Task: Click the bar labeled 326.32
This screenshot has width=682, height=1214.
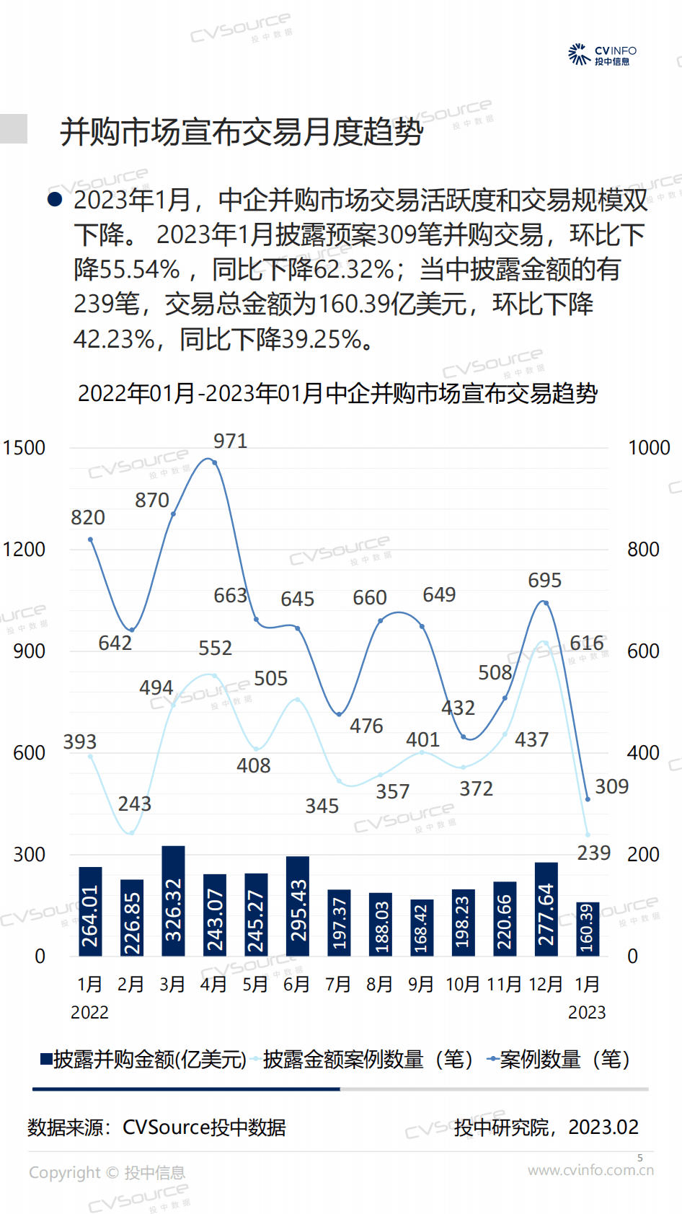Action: pyautogui.click(x=173, y=901)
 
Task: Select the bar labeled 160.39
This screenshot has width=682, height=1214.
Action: pyautogui.click(x=588, y=929)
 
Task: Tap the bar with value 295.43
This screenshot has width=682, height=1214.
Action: pyautogui.click(x=298, y=906)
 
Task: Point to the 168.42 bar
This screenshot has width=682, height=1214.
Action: pyautogui.click(x=422, y=928)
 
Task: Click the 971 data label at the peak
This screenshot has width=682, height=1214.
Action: pyautogui.click(x=231, y=441)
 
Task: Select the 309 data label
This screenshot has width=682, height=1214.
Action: pyautogui.click(x=611, y=786)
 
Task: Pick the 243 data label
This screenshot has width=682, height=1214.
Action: pyautogui.click(x=135, y=804)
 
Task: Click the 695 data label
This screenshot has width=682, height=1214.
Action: pyautogui.click(x=545, y=580)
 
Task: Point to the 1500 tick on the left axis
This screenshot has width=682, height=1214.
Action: pyautogui.click(x=24, y=448)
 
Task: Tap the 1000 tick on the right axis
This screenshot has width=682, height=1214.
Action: pyautogui.click(x=649, y=448)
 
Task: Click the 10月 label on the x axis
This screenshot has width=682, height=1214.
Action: pyautogui.click(x=463, y=984)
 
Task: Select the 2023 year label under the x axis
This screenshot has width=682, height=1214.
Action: pyautogui.click(x=587, y=1012)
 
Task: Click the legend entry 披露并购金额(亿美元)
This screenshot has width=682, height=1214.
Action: pyautogui.click(x=143, y=1060)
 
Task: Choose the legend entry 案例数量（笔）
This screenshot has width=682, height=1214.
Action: pyautogui.click(x=559, y=1060)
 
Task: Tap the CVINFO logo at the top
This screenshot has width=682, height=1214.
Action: pyautogui.click(x=603, y=55)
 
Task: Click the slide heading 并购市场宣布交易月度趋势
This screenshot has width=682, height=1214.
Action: pyautogui.click(x=242, y=132)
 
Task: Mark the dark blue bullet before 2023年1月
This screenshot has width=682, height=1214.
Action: pyautogui.click(x=55, y=199)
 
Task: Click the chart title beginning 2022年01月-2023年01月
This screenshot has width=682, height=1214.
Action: pyautogui.click(x=337, y=393)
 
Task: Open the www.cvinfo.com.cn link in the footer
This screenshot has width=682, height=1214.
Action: pyautogui.click(x=590, y=1170)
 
